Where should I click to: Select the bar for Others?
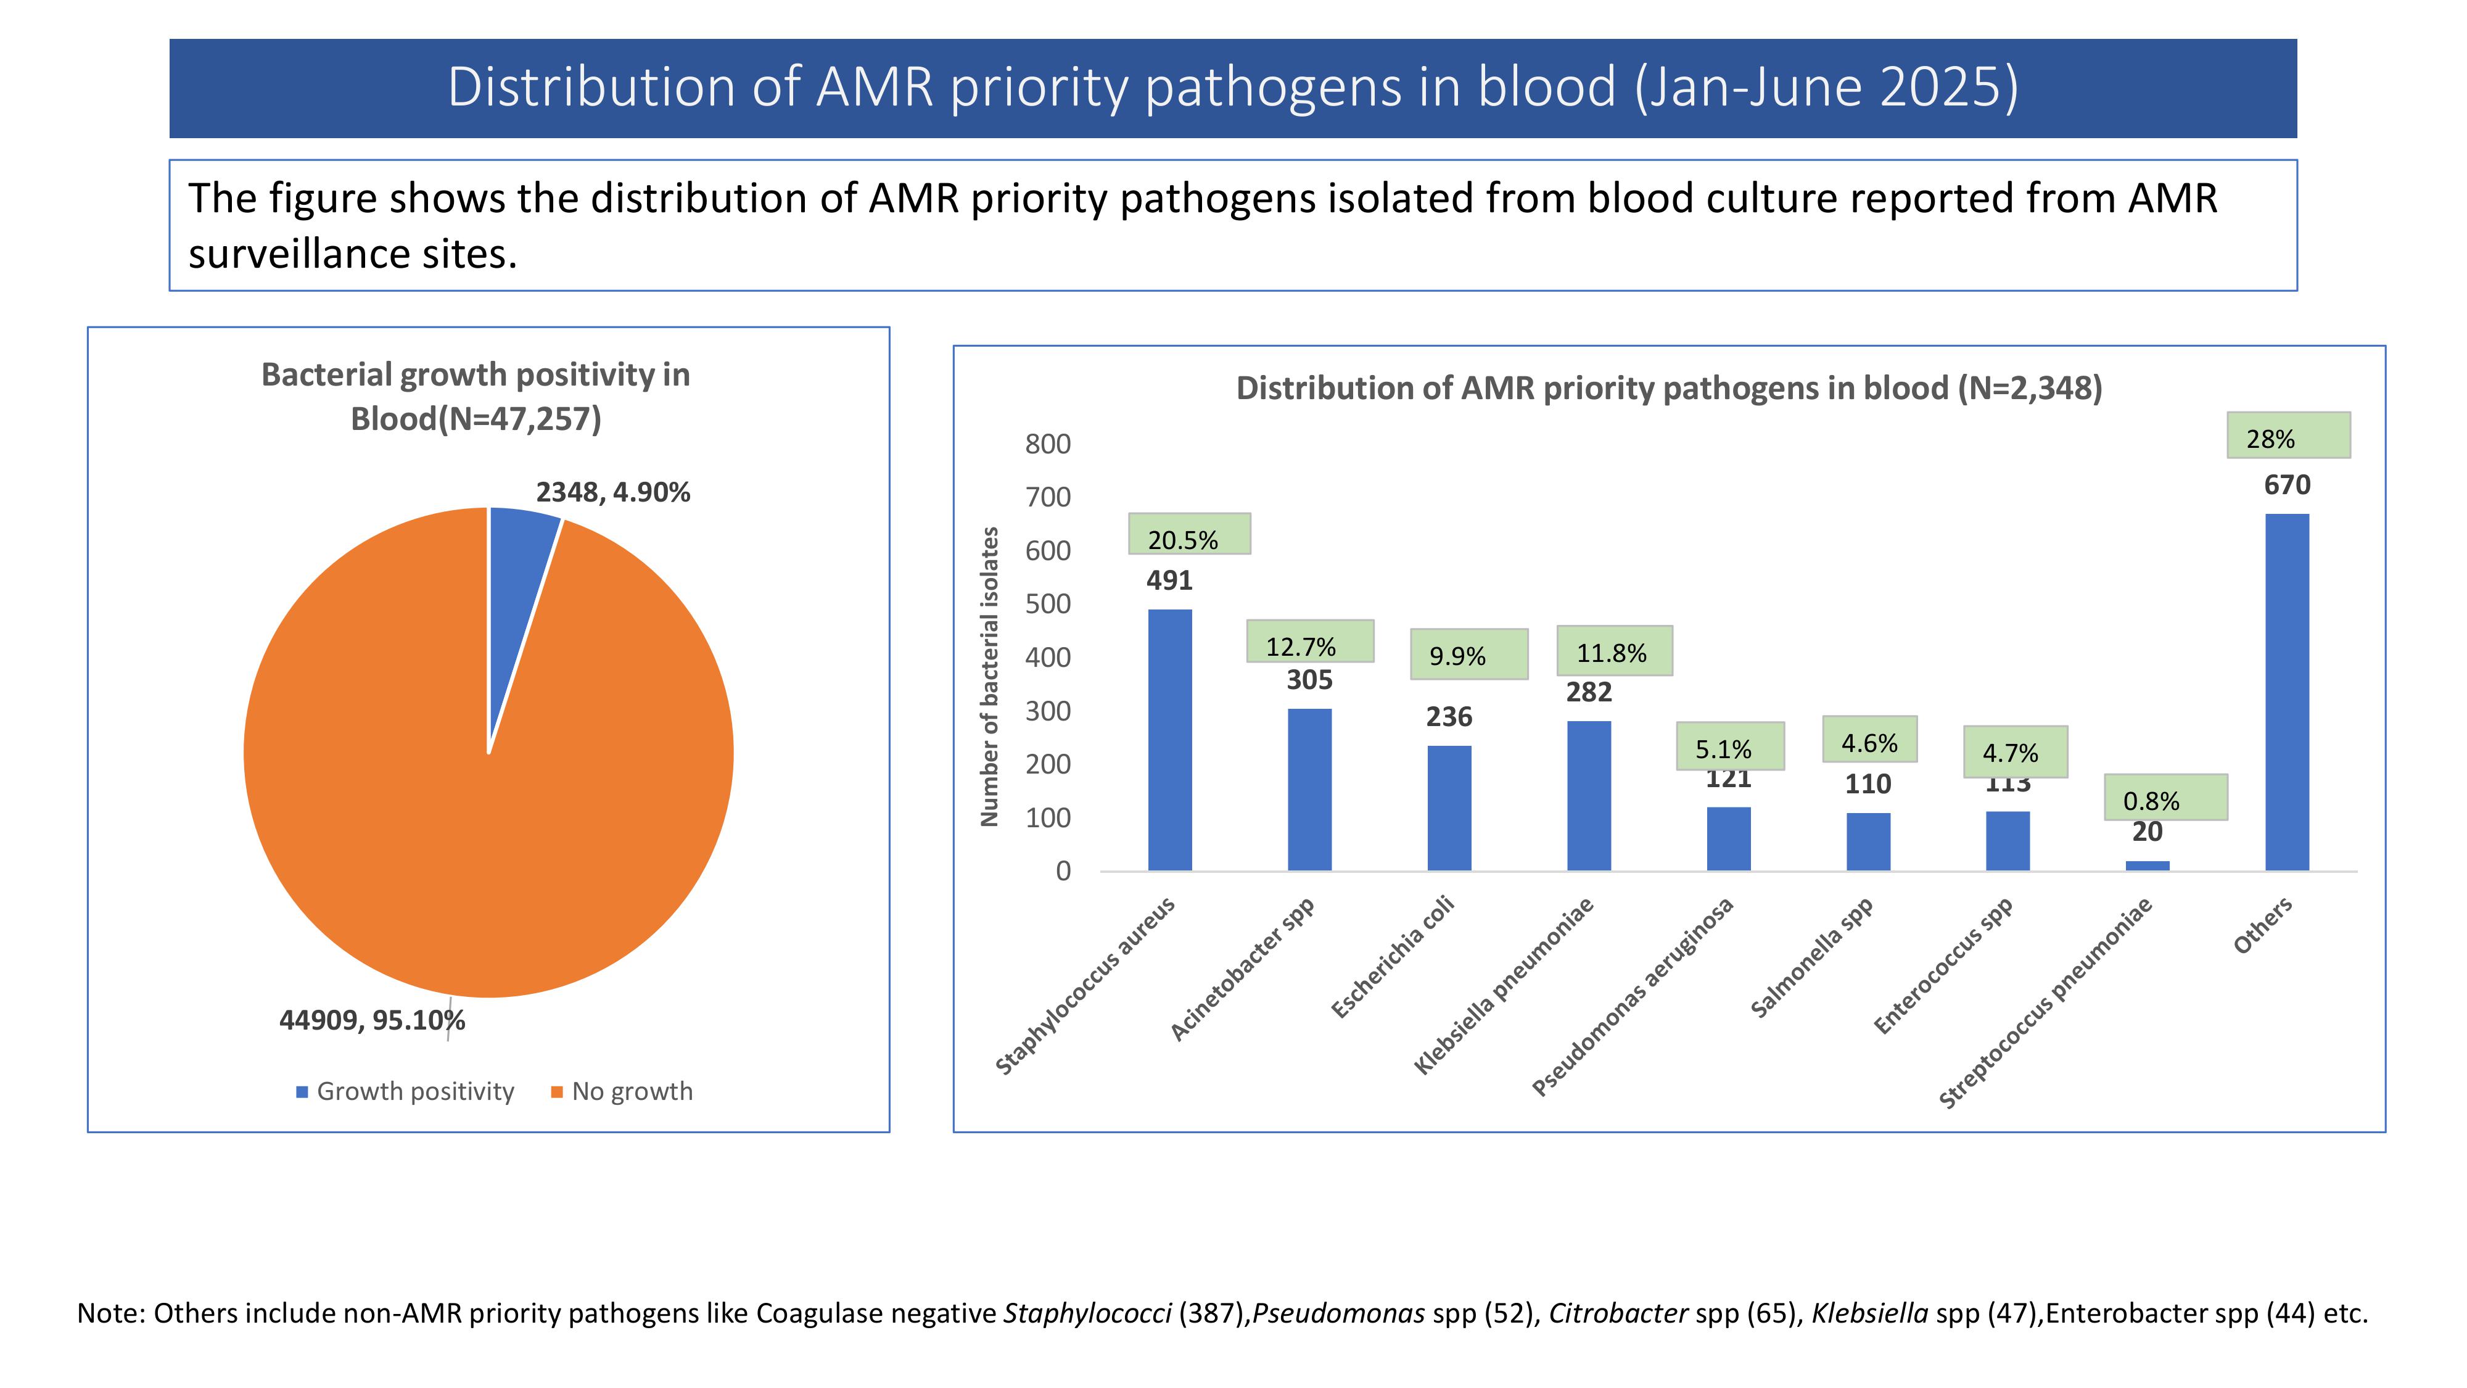pyautogui.click(x=2286, y=692)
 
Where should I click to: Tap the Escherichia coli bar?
pyautogui.click(x=1449, y=808)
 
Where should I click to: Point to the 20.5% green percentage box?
pyautogui.click(x=1188, y=534)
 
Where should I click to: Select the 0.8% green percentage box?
pyautogui.click(x=2165, y=797)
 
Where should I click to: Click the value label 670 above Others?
pyautogui.click(x=2287, y=485)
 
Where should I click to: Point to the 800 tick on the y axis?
pyautogui.click(x=1048, y=444)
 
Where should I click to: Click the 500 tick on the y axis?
pyautogui.click(x=1048, y=605)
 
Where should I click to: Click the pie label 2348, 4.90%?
pyautogui.click(x=613, y=492)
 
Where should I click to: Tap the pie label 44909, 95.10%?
pyautogui.click(x=371, y=1020)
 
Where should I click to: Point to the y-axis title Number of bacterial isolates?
pyautogui.click(x=989, y=676)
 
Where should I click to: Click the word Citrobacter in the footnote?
pyautogui.click(x=1618, y=1313)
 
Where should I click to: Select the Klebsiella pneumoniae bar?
pyautogui.click(x=1589, y=795)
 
